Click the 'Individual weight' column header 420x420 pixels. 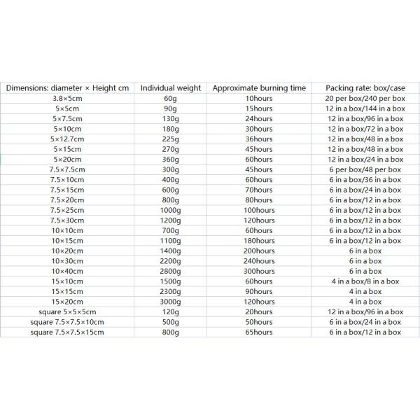point(171,88)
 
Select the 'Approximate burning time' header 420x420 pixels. point(259,88)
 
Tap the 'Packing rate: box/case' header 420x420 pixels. point(365,88)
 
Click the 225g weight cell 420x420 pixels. point(171,139)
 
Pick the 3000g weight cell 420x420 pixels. point(171,301)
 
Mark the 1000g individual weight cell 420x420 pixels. point(171,210)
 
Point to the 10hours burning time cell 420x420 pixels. point(259,99)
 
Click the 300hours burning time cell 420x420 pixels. point(259,271)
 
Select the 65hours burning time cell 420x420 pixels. point(259,332)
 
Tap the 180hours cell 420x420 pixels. point(259,241)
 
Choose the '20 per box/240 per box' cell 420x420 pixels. point(365,99)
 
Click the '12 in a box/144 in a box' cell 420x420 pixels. point(365,108)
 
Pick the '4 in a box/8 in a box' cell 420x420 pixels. point(365,281)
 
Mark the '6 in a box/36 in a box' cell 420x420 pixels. point(365,180)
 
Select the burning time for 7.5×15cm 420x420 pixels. point(259,190)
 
